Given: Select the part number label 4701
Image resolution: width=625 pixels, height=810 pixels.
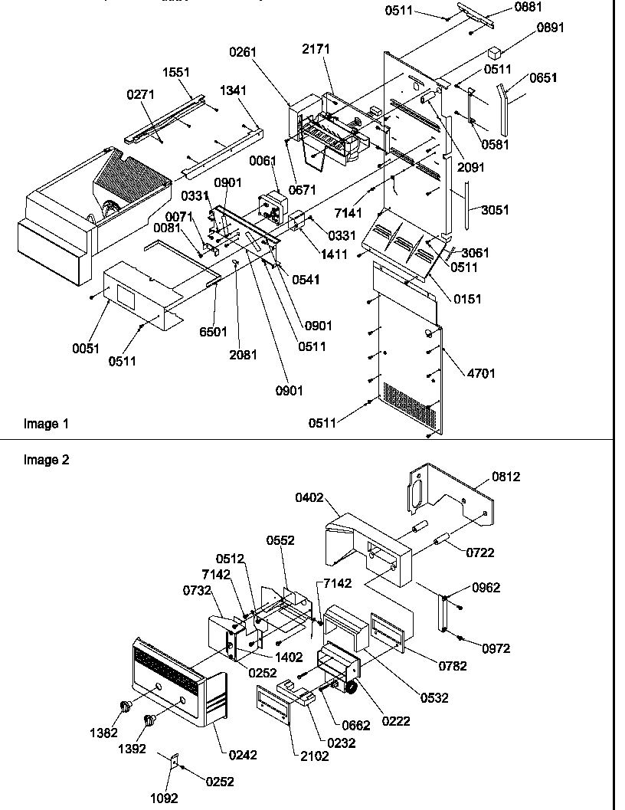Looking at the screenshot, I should [x=482, y=373].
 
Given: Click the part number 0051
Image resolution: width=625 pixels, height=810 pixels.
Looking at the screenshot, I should [x=86, y=348].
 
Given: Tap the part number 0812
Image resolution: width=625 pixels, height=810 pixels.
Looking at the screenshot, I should [x=506, y=477].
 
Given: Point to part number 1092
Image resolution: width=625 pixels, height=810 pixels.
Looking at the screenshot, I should [x=163, y=798].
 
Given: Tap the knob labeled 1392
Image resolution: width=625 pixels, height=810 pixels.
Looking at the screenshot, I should [x=149, y=720].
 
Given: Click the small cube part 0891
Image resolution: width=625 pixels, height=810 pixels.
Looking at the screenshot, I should [x=495, y=53].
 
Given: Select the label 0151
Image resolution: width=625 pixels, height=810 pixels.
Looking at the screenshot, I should [x=467, y=299].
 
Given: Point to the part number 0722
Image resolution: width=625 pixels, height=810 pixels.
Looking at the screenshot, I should [x=502, y=553].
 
